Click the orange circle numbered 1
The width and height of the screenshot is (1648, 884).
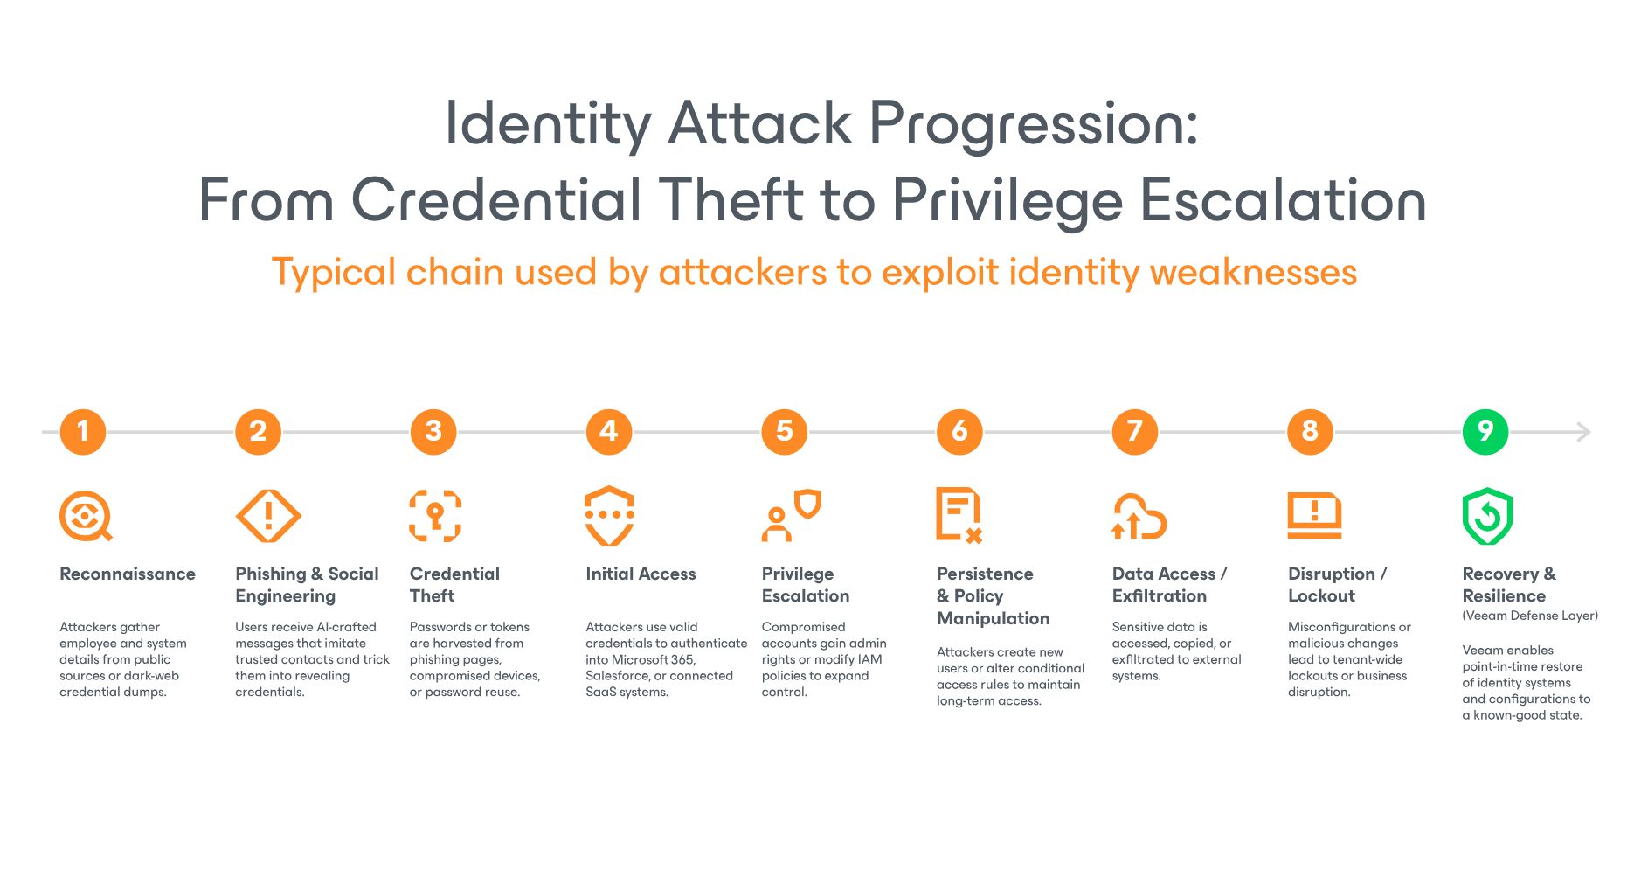(83, 432)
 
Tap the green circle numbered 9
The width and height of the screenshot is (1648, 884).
(1485, 432)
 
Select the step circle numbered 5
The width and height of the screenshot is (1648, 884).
(784, 432)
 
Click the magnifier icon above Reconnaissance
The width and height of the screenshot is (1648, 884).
(86, 516)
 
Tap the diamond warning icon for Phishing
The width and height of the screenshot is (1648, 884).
(268, 516)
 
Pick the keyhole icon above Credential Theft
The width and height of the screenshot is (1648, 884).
(435, 516)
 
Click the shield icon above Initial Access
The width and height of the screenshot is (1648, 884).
(609, 516)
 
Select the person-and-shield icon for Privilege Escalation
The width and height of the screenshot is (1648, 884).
(791, 516)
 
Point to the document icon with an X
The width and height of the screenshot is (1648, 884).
(959, 516)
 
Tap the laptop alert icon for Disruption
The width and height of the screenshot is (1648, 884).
(1314, 516)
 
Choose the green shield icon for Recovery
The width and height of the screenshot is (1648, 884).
(1487, 516)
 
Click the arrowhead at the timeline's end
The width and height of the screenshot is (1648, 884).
(1584, 432)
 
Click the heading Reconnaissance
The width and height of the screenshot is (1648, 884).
(128, 574)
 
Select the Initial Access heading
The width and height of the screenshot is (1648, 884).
(641, 574)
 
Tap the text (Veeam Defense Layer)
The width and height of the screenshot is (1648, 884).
(1530, 616)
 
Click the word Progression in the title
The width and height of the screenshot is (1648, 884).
(1034, 123)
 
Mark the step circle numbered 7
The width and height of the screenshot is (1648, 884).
(1134, 432)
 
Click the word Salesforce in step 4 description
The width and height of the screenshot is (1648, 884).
(617, 676)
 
